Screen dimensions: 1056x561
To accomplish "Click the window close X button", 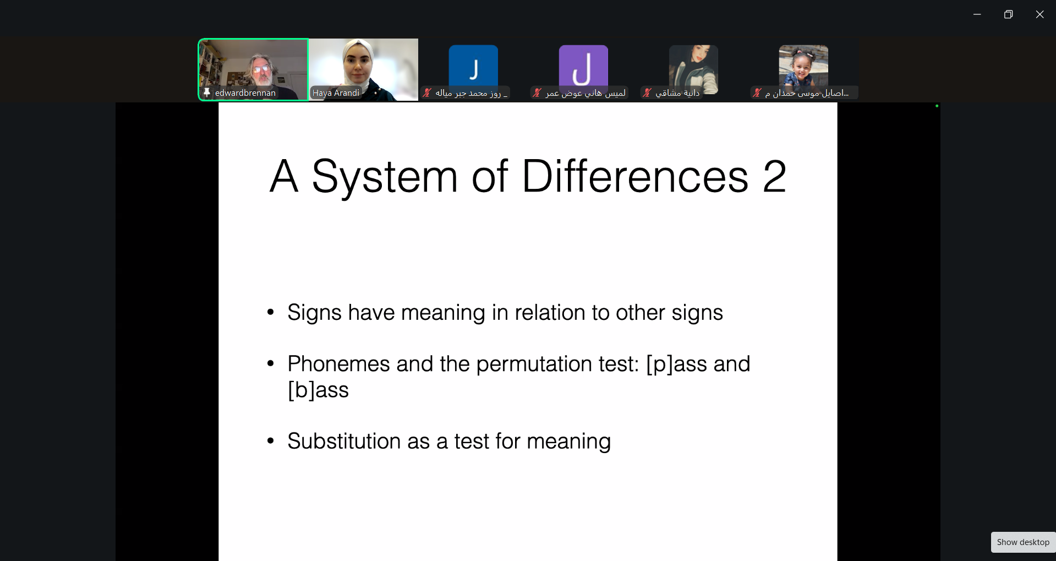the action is click(1039, 14).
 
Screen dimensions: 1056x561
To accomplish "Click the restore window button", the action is click(1008, 14).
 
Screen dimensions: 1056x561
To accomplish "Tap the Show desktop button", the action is click(1023, 542).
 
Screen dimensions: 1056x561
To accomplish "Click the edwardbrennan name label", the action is click(245, 93).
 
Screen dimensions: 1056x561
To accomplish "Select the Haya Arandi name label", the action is click(336, 93).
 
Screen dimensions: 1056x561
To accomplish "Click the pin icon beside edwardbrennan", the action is click(207, 92).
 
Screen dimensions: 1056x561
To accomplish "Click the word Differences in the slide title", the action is click(635, 176).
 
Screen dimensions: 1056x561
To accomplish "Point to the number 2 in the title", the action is click(774, 177).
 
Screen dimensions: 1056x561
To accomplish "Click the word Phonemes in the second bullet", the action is click(338, 364).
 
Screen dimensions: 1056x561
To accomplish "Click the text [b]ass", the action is click(318, 390).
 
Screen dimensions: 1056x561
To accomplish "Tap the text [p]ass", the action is click(676, 364).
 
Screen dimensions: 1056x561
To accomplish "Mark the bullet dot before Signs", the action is click(270, 313).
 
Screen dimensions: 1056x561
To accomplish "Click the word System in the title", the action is click(385, 177).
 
